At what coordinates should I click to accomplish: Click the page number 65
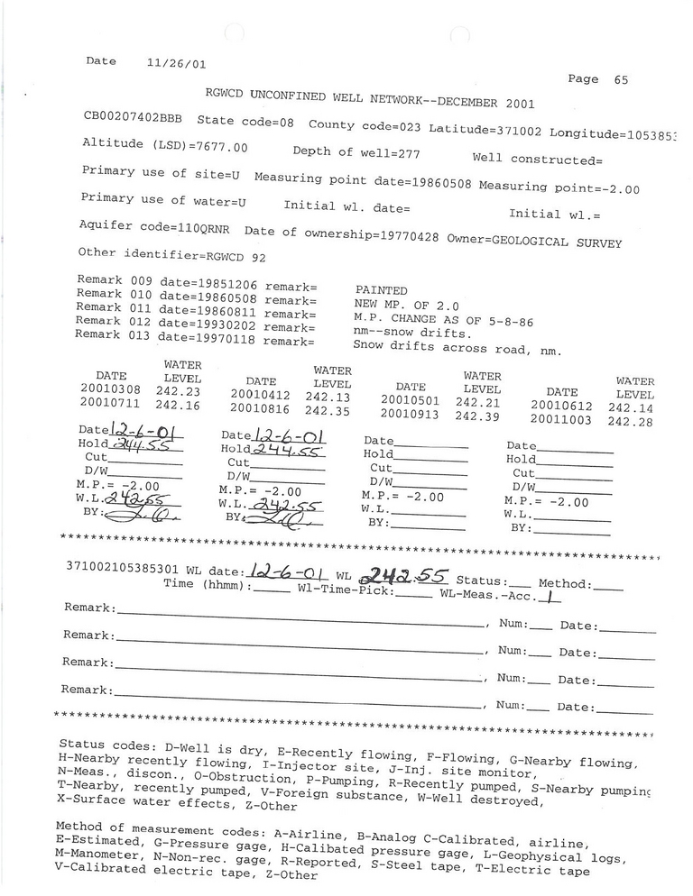click(x=621, y=79)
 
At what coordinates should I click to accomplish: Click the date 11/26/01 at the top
click(x=176, y=64)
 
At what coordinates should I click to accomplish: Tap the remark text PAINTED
click(x=382, y=290)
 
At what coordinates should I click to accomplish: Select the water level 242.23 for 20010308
click(x=177, y=392)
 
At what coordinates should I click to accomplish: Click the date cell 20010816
click(x=261, y=410)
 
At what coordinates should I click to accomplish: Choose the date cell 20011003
click(x=561, y=419)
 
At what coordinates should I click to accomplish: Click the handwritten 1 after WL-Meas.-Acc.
click(x=548, y=595)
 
